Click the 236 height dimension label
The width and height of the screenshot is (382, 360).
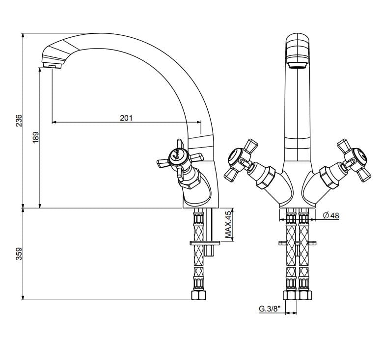coord(19,121)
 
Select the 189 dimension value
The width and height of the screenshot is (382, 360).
coord(36,137)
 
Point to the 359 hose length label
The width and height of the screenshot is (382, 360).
coord(19,253)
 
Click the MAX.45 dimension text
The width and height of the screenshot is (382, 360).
coord(228,226)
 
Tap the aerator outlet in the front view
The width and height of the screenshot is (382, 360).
coord(297,64)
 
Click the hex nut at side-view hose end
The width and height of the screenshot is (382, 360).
coord(198,295)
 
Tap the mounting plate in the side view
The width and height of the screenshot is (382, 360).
coord(206,242)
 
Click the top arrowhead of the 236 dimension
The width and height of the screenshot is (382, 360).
coord(23,36)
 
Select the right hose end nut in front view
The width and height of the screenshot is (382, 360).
coord(304,295)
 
